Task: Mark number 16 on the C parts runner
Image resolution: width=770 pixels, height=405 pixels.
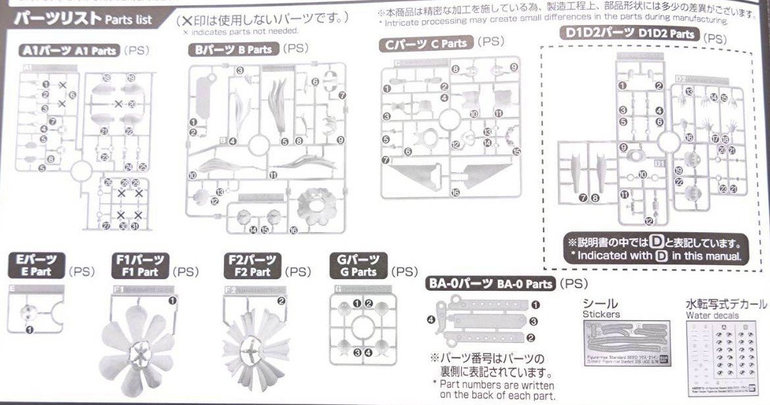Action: [455, 193]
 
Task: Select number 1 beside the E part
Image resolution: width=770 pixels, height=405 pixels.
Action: [29, 330]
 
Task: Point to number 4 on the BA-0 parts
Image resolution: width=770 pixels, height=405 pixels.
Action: [430, 321]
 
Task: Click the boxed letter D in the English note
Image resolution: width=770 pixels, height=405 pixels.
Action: [660, 256]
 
